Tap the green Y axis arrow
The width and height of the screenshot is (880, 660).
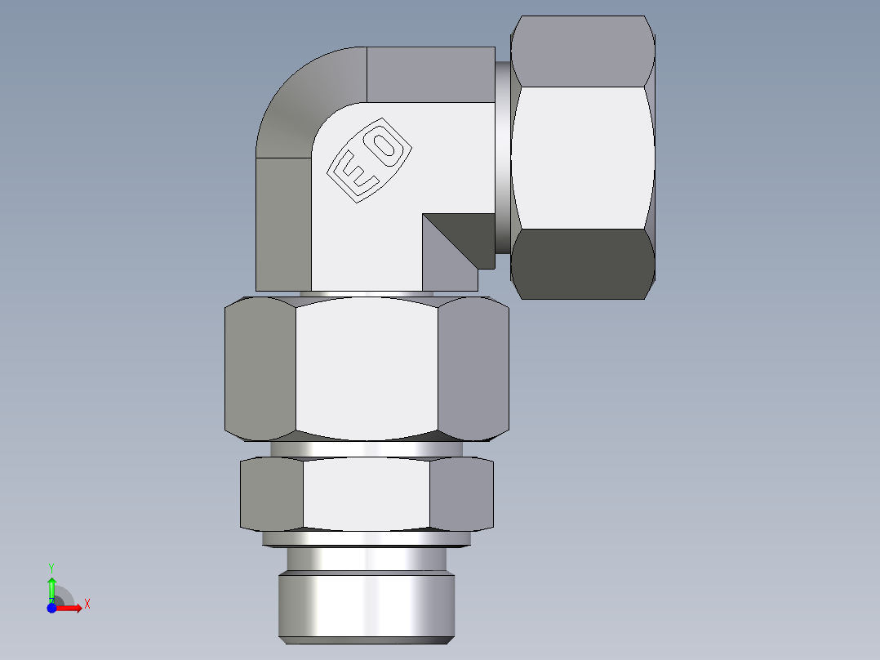click(51, 586)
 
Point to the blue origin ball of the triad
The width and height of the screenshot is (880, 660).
click(51, 609)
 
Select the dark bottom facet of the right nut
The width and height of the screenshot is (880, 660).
click(584, 263)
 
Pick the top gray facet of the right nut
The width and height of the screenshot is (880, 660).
click(584, 51)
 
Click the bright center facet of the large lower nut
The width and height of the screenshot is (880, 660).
click(367, 368)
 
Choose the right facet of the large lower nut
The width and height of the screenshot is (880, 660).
click(473, 368)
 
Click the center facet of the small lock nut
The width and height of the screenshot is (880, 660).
click(367, 494)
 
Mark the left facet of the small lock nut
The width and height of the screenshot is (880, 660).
click(273, 494)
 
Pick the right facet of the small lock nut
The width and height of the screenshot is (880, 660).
click(462, 494)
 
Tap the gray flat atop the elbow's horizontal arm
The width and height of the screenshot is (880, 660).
click(431, 74)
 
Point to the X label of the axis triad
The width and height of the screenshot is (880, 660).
click(87, 604)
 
